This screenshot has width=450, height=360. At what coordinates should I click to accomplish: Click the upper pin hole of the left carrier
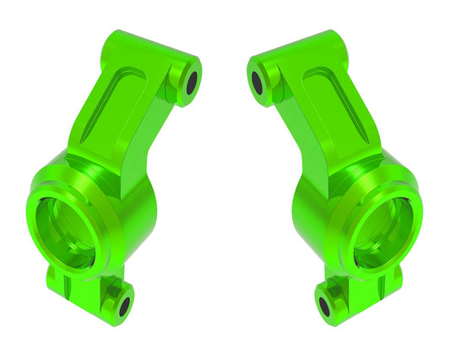click(192, 81)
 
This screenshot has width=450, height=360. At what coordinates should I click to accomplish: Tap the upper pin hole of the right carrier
click(258, 81)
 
